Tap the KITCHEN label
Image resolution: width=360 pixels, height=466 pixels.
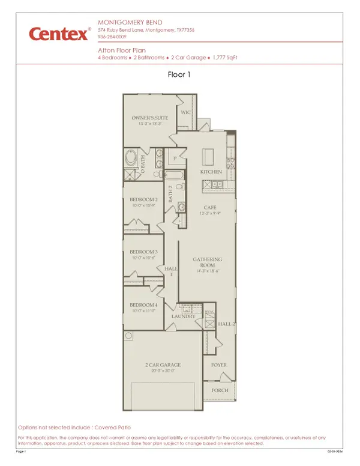[x=211, y=172]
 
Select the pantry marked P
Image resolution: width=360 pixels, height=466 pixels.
[x=175, y=159]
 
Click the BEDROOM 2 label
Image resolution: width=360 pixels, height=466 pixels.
[x=144, y=199]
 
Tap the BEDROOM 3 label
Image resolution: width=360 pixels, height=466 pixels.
[x=144, y=252]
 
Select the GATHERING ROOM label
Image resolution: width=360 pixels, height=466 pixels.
[x=208, y=262]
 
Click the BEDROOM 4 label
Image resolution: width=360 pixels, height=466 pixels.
[x=144, y=305]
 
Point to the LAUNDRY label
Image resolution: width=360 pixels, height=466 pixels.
[x=184, y=316]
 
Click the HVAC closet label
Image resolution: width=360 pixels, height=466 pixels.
[x=209, y=312]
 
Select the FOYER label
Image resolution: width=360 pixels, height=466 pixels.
[x=218, y=365]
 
